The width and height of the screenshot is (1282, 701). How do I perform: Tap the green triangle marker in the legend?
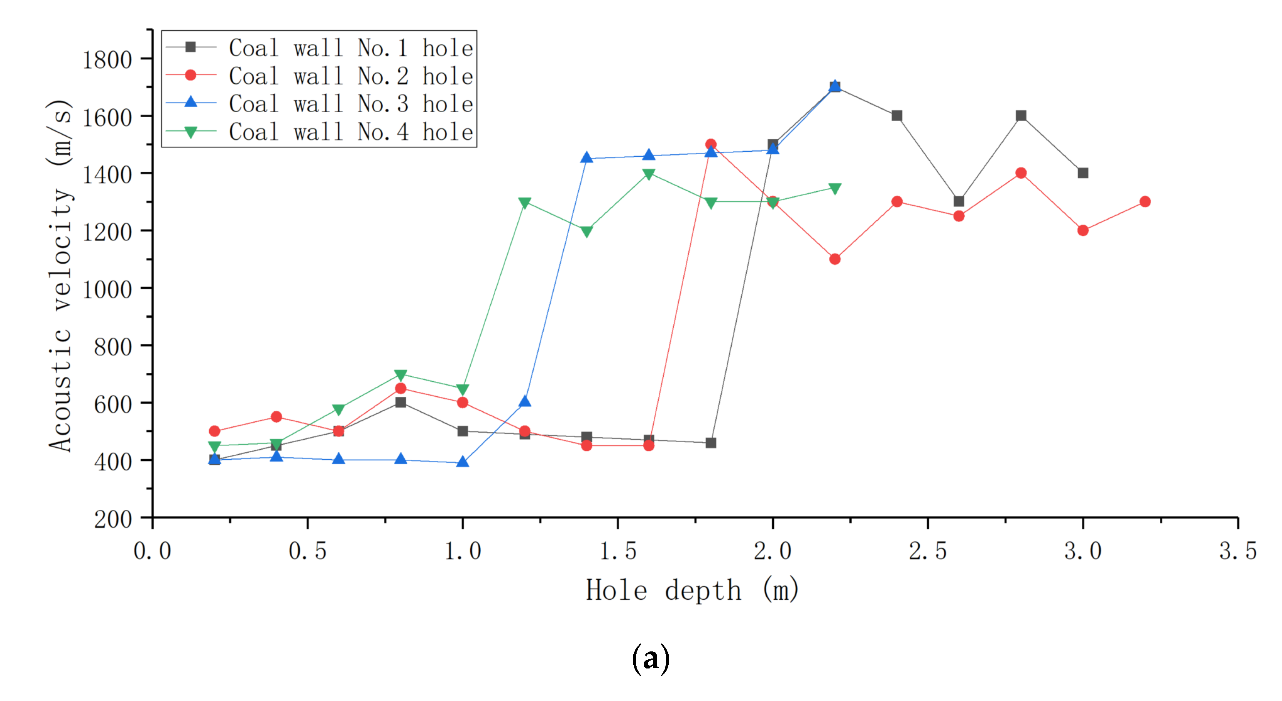[x=191, y=132]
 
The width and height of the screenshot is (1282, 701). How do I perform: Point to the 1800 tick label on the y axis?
[x=107, y=60]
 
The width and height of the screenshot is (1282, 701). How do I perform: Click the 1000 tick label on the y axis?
[x=107, y=289]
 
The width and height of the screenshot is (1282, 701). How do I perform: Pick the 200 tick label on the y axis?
[x=113, y=519]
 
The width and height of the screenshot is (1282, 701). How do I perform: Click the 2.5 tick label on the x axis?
[x=928, y=551]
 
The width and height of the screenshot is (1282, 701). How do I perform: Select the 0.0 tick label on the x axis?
[x=152, y=551]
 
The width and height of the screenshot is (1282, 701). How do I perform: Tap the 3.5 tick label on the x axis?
[x=1238, y=551]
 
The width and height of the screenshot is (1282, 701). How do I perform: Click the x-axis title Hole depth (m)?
[x=692, y=591]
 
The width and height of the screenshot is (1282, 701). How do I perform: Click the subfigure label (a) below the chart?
[x=650, y=658]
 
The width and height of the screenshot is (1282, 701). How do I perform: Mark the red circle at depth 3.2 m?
[x=1145, y=201]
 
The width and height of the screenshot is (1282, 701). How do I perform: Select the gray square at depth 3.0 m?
[x=1083, y=173]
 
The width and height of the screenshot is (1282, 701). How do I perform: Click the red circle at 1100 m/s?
[x=835, y=259]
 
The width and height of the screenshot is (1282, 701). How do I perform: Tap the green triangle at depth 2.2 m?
[x=835, y=188]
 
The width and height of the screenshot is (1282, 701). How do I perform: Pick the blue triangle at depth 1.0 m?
[x=462, y=462]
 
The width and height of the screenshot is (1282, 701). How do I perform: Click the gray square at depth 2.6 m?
[x=959, y=201]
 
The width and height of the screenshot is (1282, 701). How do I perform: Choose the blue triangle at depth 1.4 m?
[x=587, y=158]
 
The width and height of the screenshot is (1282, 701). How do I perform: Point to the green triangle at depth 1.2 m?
[x=524, y=203]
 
